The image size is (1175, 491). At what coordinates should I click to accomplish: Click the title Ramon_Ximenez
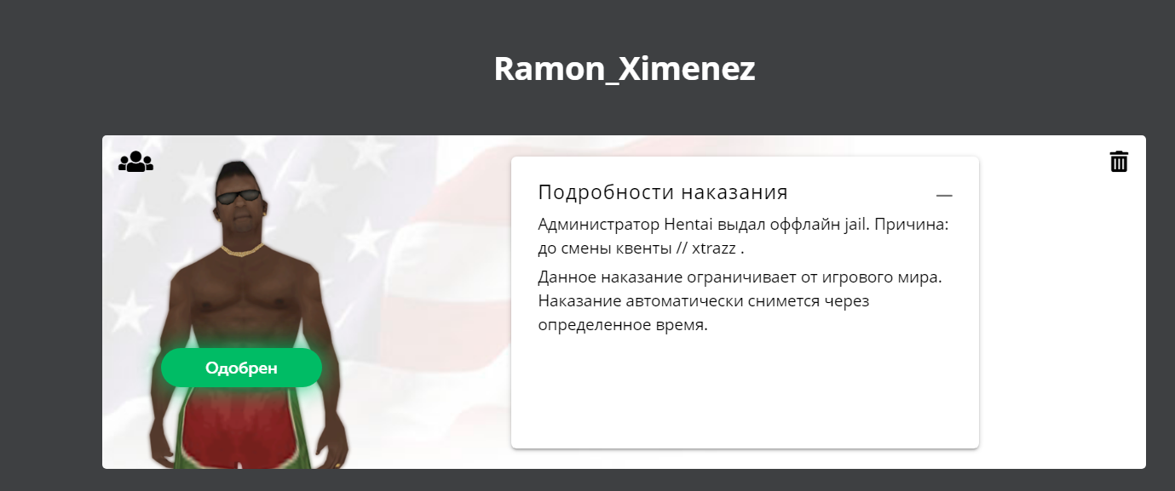(x=625, y=69)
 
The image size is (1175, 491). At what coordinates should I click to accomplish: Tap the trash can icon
(x=1119, y=162)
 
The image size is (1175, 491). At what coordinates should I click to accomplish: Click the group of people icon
(x=135, y=162)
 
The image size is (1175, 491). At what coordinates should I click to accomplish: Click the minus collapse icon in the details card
(x=944, y=196)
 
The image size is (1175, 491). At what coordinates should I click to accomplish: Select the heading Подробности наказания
(x=663, y=192)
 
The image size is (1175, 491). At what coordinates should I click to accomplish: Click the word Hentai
(x=688, y=225)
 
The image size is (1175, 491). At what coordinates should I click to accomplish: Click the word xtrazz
(x=714, y=248)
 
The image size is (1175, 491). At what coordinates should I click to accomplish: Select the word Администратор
(x=598, y=226)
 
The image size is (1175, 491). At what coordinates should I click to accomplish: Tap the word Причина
(x=911, y=226)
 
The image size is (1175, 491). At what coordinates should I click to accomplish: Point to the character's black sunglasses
(x=239, y=197)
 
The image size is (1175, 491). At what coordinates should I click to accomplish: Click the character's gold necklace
(x=242, y=250)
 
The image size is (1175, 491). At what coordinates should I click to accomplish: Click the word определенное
(x=595, y=325)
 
